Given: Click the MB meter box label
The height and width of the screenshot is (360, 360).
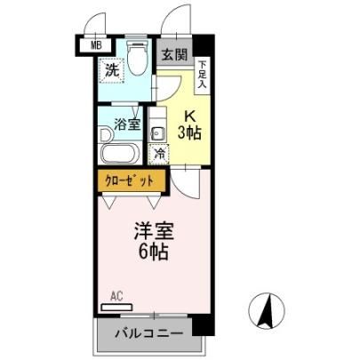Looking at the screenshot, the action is tap(96, 45).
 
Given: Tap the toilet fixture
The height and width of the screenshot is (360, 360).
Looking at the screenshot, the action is tap(137, 57).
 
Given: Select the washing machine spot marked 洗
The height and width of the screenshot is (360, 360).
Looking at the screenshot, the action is tap(112, 71).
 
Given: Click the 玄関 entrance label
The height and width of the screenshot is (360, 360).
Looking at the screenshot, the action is tap(175, 55).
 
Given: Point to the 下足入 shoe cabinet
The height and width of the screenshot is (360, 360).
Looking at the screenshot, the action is tap(203, 76).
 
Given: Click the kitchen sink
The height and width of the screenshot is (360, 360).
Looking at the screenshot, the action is tap(157, 135).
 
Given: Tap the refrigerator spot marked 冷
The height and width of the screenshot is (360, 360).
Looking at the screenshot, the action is tap(159, 154).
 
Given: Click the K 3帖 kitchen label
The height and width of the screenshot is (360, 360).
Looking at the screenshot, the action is tap(189, 125).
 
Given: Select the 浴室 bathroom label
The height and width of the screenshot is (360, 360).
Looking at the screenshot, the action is tap(127, 124).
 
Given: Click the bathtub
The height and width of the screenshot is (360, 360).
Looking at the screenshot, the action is tap(120, 153).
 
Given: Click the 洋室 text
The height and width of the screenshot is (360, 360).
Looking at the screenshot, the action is tap(154, 231).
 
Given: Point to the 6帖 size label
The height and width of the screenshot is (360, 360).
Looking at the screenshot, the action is tap(154, 252).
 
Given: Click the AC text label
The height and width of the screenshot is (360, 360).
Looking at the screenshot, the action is tap(116, 296).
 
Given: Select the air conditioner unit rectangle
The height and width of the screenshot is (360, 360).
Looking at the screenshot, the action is tap(116, 308).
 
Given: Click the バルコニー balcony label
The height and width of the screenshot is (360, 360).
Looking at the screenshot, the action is tap(149, 333).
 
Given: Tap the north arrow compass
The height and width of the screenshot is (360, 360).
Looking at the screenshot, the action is tap(267, 311).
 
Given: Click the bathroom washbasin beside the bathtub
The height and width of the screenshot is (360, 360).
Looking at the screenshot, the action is tap(106, 135).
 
